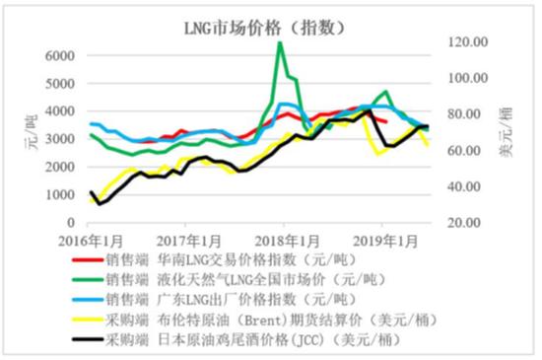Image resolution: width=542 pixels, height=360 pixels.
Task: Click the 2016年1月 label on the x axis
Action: pyautogui.click(x=90, y=242)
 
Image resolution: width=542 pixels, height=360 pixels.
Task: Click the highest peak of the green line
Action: pyautogui.click(x=280, y=43)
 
